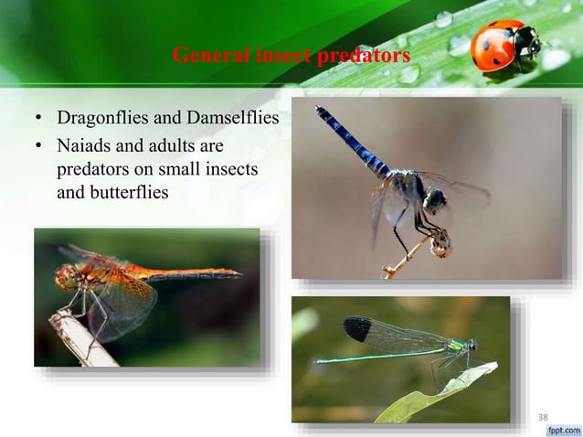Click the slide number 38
(543, 418)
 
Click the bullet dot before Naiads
(39, 146)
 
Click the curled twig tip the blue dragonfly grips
(442, 241)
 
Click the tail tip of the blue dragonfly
(320, 111)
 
